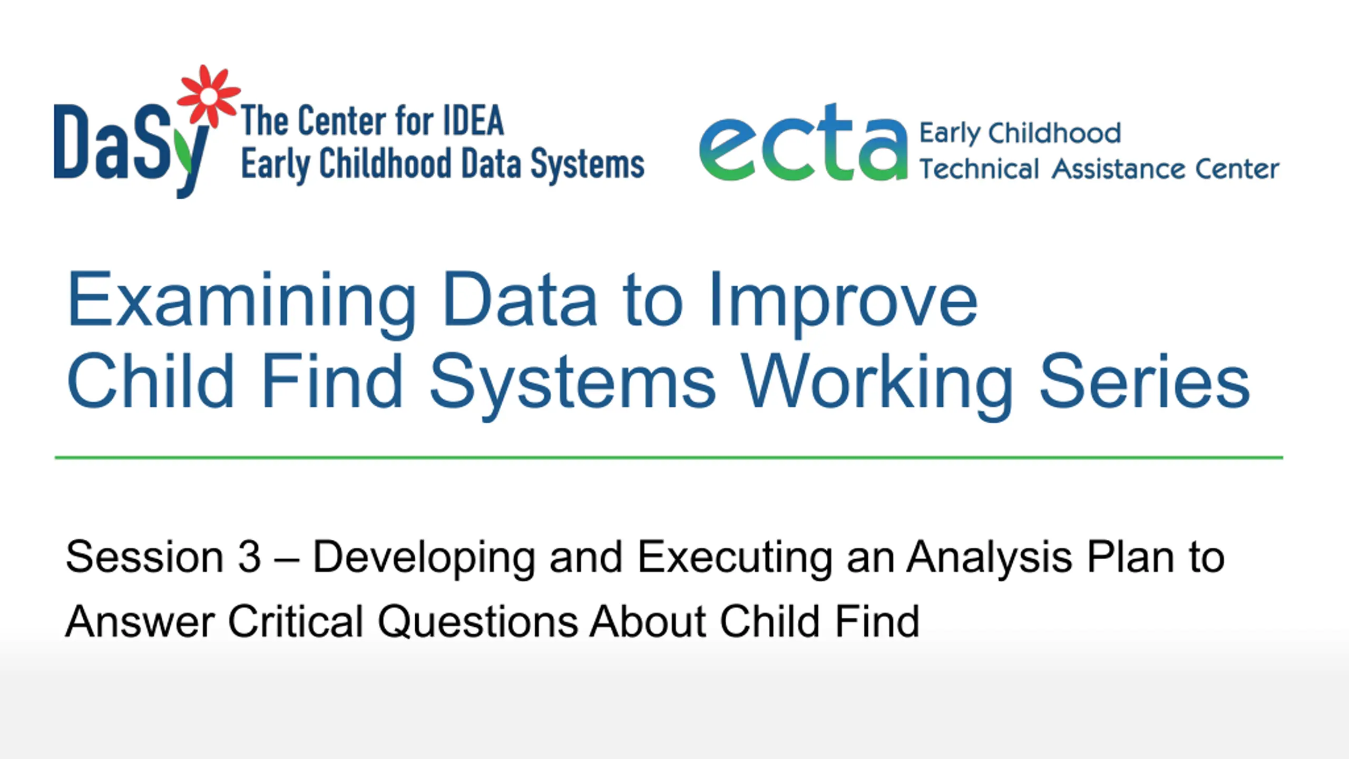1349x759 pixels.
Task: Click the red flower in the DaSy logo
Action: [209, 96]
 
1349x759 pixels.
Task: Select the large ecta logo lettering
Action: [803, 142]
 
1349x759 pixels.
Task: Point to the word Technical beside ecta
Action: [979, 169]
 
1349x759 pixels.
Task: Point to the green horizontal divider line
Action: [669, 458]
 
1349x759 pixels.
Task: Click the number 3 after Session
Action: [249, 557]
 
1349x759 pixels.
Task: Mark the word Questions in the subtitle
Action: [478, 622]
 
